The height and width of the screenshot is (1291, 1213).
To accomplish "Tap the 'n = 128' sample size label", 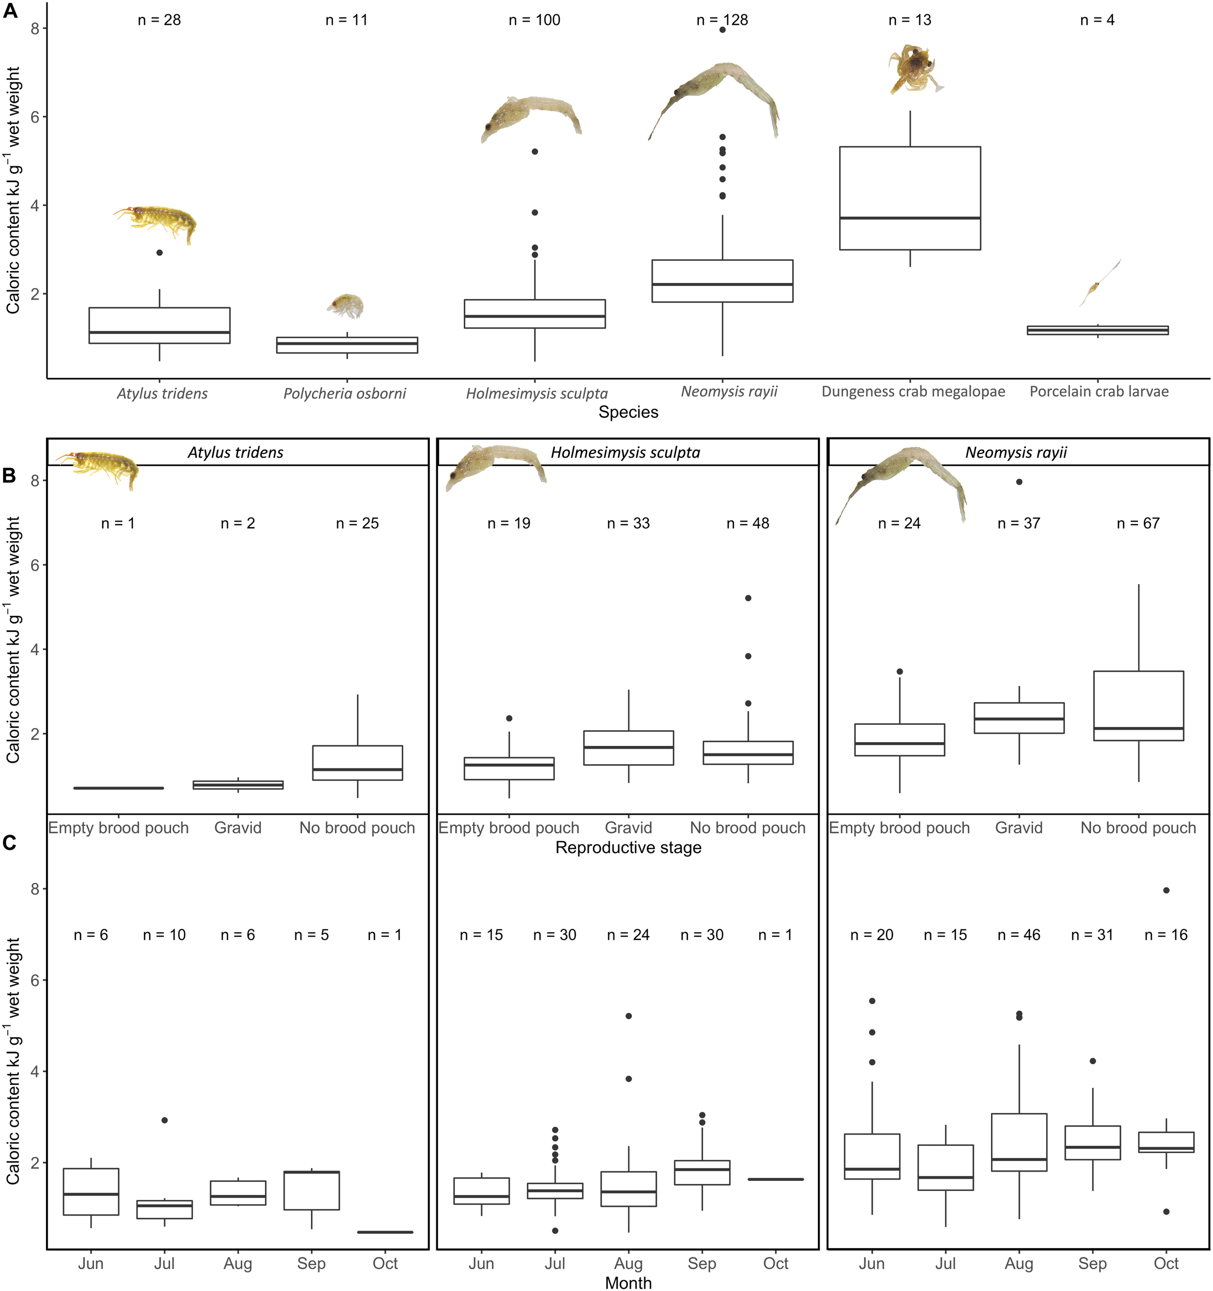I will pyautogui.click(x=722, y=20).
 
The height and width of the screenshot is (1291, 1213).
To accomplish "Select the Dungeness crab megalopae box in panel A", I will pyautogui.click(x=910, y=198).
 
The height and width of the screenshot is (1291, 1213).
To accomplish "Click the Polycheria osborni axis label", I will pyautogui.click(x=345, y=393).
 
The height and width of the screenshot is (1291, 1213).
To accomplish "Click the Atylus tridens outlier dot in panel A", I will pyautogui.click(x=160, y=253).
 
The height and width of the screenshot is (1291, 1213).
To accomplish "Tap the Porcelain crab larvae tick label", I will pyautogui.click(x=1099, y=391).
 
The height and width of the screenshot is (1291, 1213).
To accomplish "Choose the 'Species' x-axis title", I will pyautogui.click(x=628, y=413).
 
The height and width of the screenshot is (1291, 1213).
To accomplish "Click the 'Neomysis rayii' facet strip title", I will pyautogui.click(x=1016, y=453).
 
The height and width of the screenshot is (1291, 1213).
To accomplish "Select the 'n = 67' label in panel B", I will pyautogui.click(x=1138, y=524).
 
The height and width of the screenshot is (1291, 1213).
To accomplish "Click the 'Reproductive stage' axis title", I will pyautogui.click(x=628, y=847).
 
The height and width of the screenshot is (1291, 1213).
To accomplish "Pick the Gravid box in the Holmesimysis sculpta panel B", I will pyautogui.click(x=628, y=748).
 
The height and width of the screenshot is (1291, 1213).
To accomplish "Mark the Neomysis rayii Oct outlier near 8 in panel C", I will pyautogui.click(x=1166, y=890).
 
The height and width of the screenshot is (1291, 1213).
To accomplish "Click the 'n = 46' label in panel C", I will pyautogui.click(x=1018, y=935).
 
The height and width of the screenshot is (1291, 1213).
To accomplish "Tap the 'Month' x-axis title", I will pyautogui.click(x=628, y=1283).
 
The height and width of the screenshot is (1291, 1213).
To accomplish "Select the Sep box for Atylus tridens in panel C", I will pyautogui.click(x=312, y=1190).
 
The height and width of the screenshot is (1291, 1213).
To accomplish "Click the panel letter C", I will pyautogui.click(x=10, y=843).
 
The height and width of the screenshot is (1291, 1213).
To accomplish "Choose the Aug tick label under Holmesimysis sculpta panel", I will pyautogui.click(x=628, y=1264).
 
